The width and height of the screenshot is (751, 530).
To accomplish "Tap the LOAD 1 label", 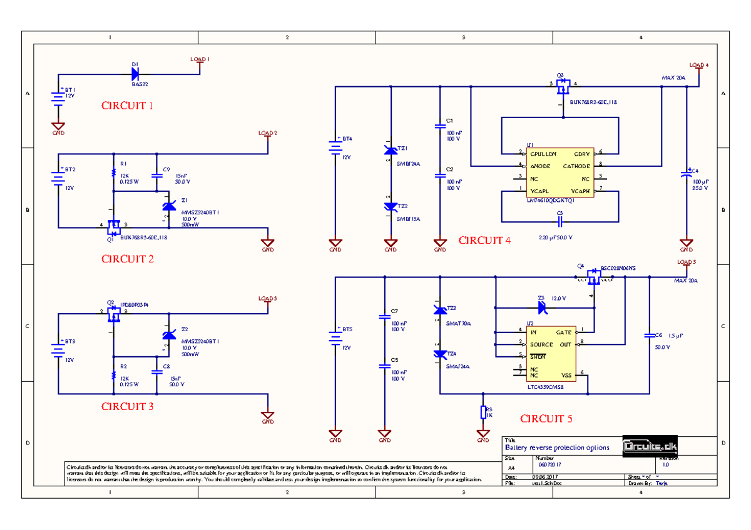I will click(200, 59).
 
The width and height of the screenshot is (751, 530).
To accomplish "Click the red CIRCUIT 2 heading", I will click(127, 259).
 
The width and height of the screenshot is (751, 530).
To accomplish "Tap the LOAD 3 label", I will click(267, 298).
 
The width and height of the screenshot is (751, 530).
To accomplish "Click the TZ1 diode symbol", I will click(391, 151).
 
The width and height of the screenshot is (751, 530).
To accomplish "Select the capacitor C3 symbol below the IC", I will click(560, 222).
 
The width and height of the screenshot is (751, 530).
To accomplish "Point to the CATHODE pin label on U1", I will click(576, 166).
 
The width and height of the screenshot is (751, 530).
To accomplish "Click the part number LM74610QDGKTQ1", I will click(551, 200).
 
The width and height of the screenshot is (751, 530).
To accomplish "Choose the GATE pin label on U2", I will click(565, 332).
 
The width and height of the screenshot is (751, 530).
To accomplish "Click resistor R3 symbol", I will click(483, 412).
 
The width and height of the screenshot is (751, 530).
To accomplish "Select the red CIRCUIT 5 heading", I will click(546, 419).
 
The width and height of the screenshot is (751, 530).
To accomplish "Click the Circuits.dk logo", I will click(650, 446).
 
